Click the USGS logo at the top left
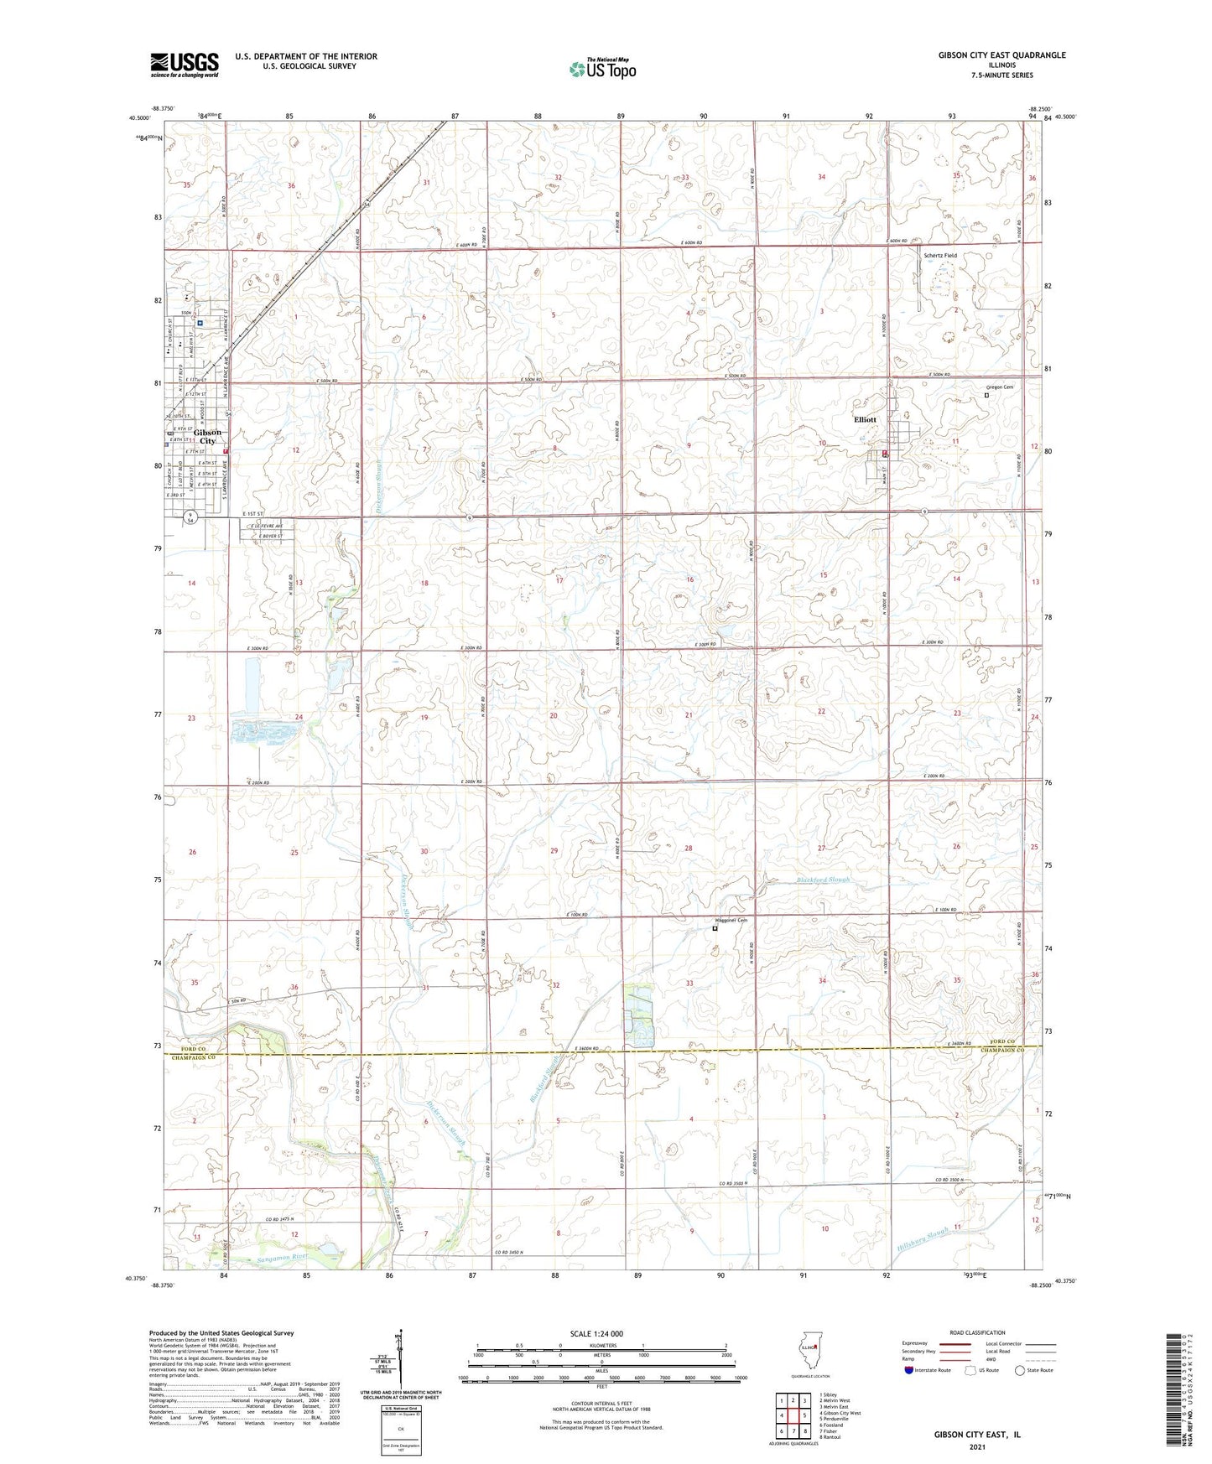185,65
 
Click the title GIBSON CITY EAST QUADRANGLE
1001,55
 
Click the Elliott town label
865,419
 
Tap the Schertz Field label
939,256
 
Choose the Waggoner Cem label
730,920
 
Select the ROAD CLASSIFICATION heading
976,1332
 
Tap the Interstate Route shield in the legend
909,1370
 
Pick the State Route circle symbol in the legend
1020,1370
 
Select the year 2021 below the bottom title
976,1446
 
